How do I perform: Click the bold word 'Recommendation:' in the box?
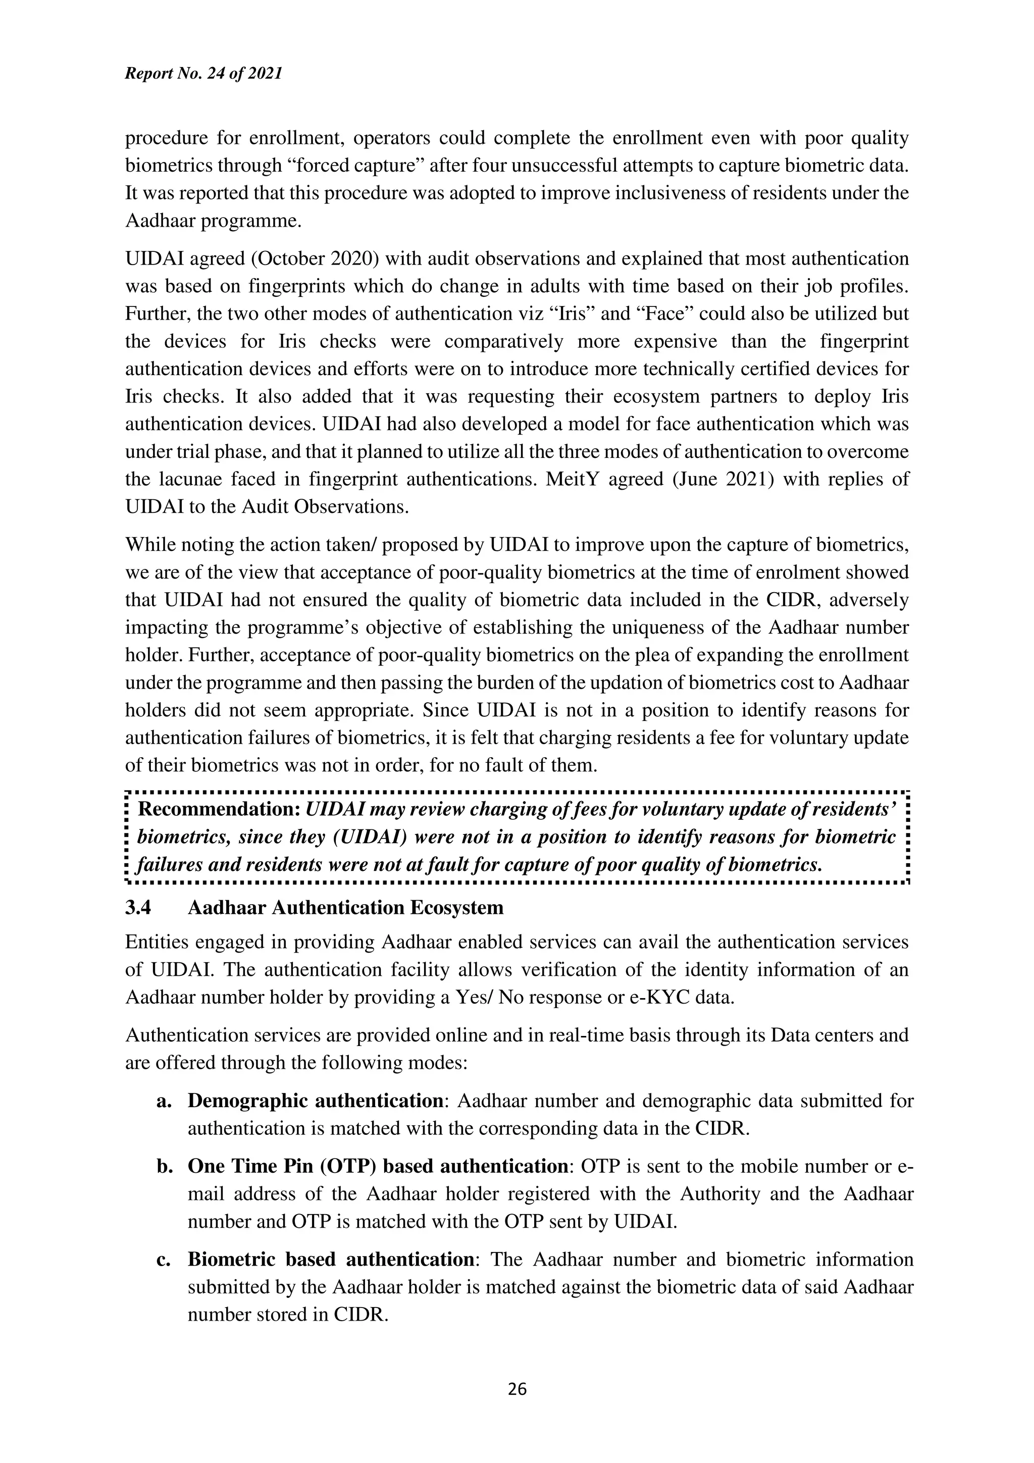pyautogui.click(x=219, y=809)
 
